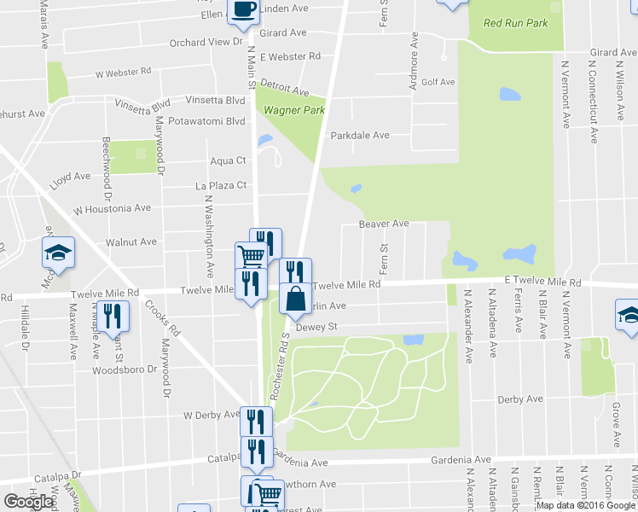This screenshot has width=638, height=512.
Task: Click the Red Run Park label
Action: [515, 23]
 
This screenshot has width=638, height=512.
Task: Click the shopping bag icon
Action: [295, 300]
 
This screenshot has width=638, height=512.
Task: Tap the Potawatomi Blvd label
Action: [207, 121]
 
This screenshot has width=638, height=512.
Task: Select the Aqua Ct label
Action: [228, 160]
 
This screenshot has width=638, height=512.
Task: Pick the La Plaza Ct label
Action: [221, 184]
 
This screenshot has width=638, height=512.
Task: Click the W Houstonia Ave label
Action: [112, 208]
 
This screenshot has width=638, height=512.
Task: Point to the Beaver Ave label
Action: [384, 224]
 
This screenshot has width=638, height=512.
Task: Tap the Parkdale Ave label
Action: [360, 135]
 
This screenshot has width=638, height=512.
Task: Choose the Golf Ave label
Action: [438, 82]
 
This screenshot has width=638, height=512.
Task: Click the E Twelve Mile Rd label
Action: [542, 281]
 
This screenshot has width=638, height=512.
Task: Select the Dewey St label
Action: [317, 327]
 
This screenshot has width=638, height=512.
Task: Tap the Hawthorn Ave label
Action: [315, 485]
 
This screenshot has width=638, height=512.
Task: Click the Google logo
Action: [28, 502]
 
